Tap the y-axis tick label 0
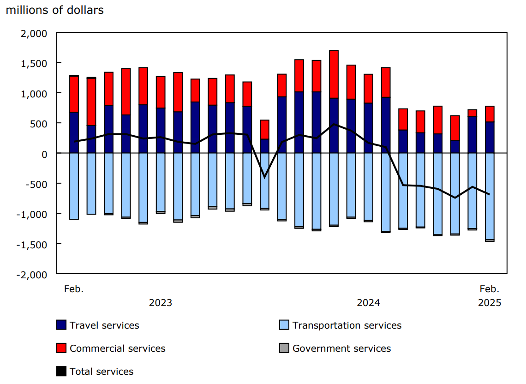tap(44, 154)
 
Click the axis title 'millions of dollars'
tap(54, 10)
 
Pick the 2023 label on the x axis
tap(160, 303)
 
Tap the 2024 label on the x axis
tap(368, 303)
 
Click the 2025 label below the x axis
tap(489, 303)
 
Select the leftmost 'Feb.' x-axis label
tap(74, 289)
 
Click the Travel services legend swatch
tap(61, 325)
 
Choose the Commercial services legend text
tap(117, 348)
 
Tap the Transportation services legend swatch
tap(284, 325)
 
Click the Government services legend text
tap(341, 348)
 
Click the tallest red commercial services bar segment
tap(334, 74)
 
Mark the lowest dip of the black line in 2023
tap(264, 177)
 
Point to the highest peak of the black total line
tap(334, 124)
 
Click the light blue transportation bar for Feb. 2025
tap(490, 196)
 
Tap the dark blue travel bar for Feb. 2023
tap(74, 132)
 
